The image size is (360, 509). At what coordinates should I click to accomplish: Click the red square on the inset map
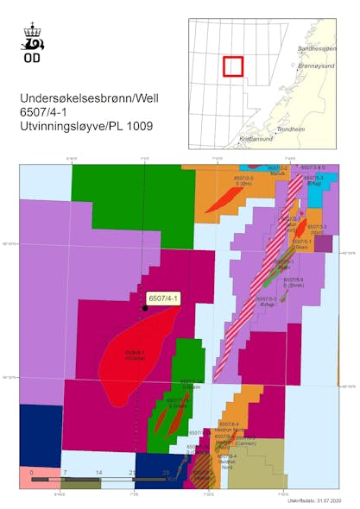point(233,66)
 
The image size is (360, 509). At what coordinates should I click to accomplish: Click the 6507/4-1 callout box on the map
point(162,298)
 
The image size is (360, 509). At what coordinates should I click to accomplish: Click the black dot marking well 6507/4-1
point(144,308)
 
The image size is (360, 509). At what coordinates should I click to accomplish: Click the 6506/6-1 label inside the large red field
point(135,354)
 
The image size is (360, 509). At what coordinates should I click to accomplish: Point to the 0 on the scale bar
point(32,473)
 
